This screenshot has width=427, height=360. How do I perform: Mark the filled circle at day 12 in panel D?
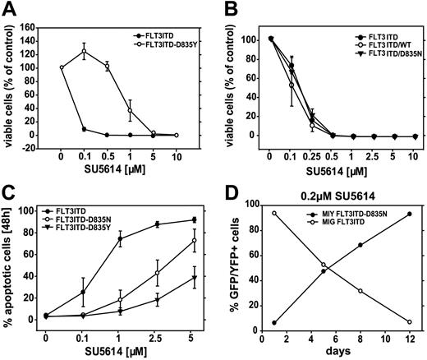(x=408, y=214)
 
